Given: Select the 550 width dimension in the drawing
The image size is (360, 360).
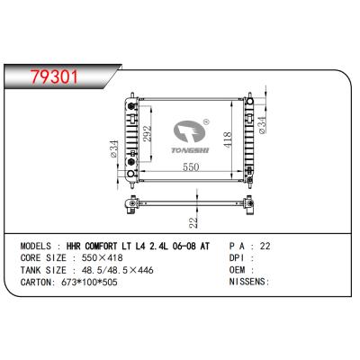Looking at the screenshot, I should click(186, 168).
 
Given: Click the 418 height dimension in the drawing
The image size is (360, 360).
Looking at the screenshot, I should click(229, 135).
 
